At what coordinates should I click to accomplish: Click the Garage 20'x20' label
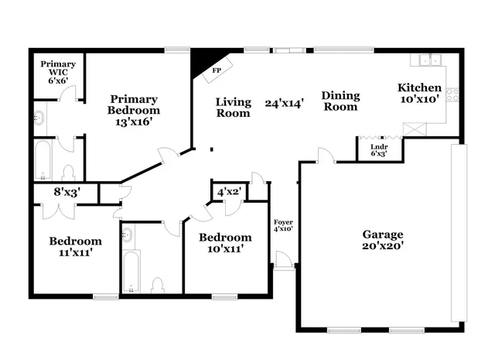(x=382, y=241)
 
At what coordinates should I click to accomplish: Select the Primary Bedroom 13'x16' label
(x=134, y=111)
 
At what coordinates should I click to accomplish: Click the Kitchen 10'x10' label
(x=420, y=94)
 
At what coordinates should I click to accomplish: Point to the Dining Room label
(x=341, y=101)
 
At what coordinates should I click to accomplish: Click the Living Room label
(x=233, y=107)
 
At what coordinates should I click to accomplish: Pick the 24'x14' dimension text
(x=284, y=102)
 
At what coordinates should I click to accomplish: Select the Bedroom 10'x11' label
(x=224, y=243)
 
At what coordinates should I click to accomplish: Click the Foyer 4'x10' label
(x=283, y=226)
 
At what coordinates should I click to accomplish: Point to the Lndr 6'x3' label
(x=378, y=149)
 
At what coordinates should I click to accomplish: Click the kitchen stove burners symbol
(x=452, y=95)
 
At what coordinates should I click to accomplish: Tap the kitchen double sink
(x=428, y=60)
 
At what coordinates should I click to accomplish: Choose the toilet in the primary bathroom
(x=67, y=172)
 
